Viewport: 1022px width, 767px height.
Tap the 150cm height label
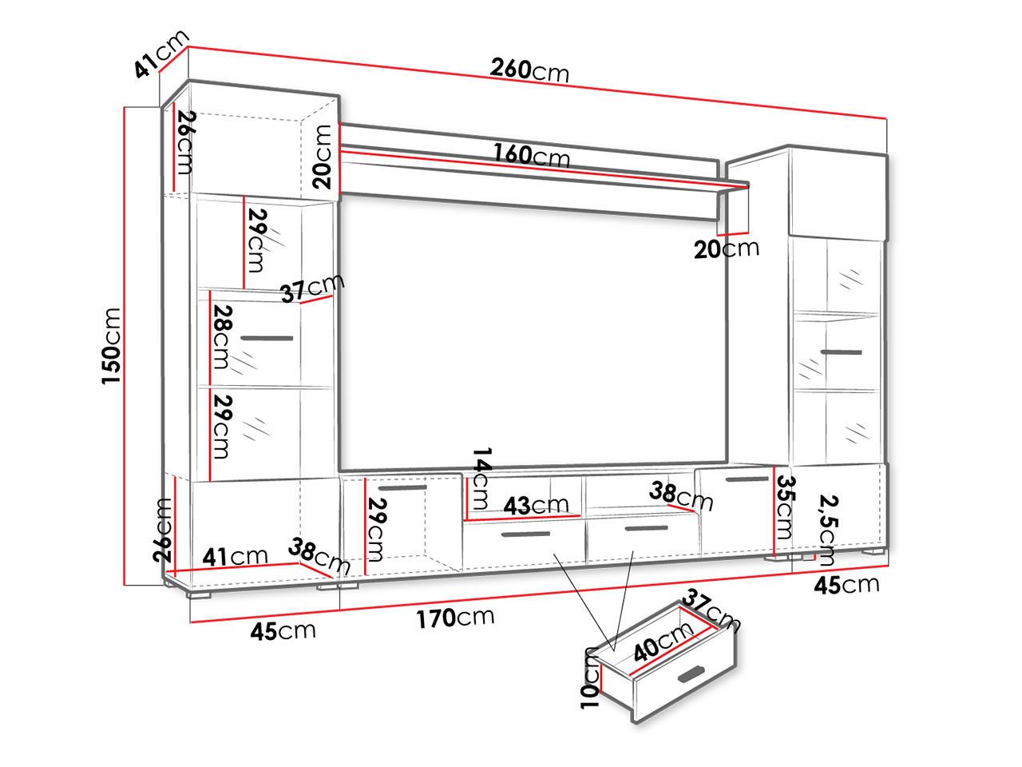[112, 347]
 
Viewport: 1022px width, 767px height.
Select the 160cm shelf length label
[532, 155]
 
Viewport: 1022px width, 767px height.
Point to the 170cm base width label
[455, 618]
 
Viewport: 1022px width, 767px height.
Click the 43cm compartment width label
[537, 505]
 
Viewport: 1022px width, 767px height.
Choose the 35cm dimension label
[786, 507]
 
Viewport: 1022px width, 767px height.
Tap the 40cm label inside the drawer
[663, 642]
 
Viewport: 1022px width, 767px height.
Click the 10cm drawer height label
[590, 678]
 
